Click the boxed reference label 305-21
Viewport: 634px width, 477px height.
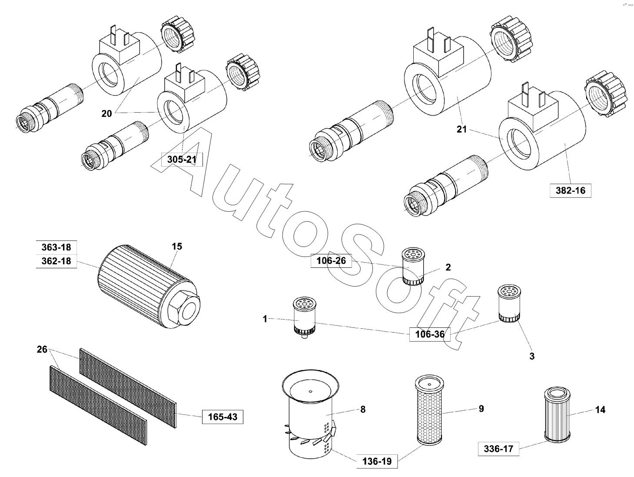coord(182,160)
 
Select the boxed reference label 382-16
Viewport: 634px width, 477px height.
coord(571,190)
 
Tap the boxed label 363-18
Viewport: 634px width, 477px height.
coord(56,247)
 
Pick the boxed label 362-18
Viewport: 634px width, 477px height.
coord(56,261)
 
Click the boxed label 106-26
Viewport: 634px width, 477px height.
coord(332,260)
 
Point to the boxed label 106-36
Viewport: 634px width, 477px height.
coord(430,334)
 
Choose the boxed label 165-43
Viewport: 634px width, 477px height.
coord(222,417)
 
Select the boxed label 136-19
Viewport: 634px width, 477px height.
coord(377,461)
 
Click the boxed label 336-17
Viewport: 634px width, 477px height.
coord(498,449)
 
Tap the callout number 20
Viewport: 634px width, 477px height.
coord(106,113)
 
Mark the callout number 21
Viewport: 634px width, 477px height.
coord(461,129)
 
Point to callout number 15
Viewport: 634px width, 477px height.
coord(177,247)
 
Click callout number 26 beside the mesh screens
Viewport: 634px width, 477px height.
coord(42,350)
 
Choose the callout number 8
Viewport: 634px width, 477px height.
coord(363,409)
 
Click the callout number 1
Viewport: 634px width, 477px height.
coord(265,319)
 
